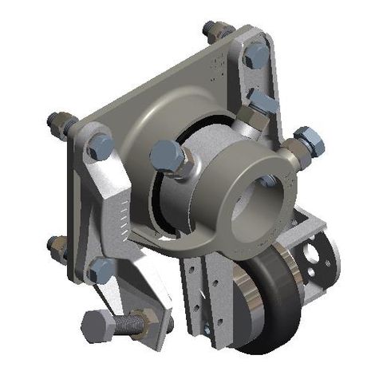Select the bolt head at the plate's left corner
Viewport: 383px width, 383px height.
(x=100, y=146)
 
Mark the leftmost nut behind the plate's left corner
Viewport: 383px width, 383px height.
(x=58, y=124)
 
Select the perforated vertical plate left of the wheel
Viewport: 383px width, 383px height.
(x=198, y=291)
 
